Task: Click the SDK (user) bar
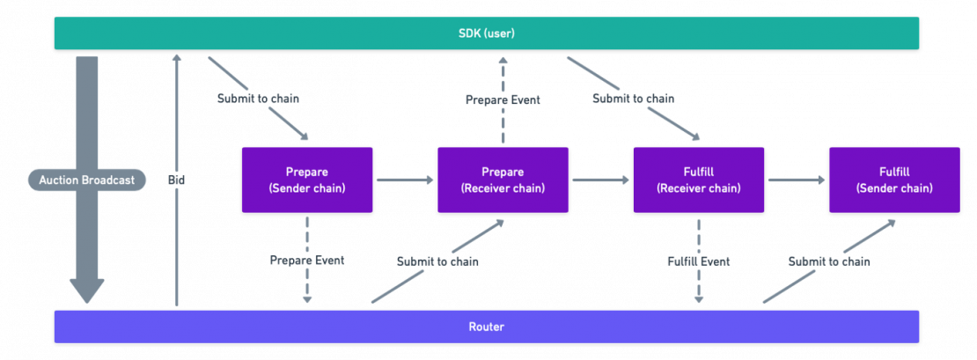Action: (487, 33)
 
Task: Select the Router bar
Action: (487, 327)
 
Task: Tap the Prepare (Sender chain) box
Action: (307, 180)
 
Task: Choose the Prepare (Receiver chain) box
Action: (503, 180)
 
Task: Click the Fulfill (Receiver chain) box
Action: (699, 180)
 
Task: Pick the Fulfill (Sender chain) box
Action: (894, 180)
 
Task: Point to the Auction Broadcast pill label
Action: (86, 180)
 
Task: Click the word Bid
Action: (177, 180)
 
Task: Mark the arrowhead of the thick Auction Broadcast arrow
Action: (86, 291)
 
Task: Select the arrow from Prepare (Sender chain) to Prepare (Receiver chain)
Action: (405, 180)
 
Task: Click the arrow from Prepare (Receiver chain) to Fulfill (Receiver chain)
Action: (601, 180)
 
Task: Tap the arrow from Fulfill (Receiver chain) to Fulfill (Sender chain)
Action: (797, 180)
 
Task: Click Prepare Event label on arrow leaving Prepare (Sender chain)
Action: (306, 261)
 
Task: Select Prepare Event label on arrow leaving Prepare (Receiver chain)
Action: (503, 100)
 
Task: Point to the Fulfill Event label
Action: (699, 261)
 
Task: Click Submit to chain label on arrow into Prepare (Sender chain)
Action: (258, 99)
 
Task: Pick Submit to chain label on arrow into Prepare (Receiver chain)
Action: (437, 261)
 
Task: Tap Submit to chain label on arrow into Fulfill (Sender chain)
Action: (829, 261)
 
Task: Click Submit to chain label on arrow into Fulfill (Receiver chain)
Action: (633, 99)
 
